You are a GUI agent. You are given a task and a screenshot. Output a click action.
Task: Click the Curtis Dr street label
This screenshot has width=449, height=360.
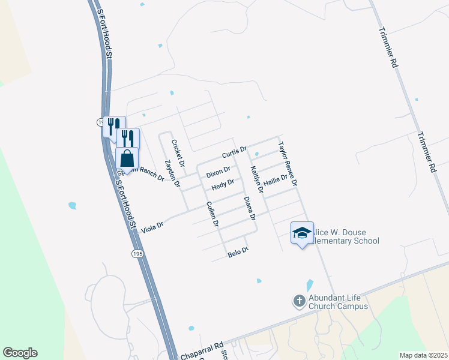(x=235, y=152)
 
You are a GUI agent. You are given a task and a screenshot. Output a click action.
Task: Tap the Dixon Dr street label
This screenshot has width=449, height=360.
(x=218, y=172)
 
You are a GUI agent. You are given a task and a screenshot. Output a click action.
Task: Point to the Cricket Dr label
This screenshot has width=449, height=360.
(x=178, y=153)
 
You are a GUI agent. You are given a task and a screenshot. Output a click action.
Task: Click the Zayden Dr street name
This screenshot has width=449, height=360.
(x=173, y=174)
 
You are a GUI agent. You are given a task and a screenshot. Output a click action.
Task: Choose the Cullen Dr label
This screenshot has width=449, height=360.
(x=212, y=214)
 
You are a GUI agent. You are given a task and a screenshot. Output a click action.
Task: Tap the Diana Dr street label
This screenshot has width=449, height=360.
(x=250, y=208)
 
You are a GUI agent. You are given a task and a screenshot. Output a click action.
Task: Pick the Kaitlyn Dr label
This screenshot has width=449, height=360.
(x=257, y=179)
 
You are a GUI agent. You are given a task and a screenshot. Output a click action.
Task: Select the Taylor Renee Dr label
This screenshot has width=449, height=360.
(x=288, y=163)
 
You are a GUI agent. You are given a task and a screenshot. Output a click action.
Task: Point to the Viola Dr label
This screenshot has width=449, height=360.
(x=152, y=226)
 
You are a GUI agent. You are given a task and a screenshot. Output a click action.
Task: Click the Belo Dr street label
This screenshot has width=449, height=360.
(x=238, y=253)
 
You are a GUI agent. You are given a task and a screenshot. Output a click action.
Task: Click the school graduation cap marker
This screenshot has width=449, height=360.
(x=302, y=233)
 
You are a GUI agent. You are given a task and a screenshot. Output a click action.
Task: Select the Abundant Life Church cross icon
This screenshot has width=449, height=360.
(x=300, y=301)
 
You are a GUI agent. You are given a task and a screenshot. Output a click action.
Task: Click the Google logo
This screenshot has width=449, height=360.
(x=20, y=353)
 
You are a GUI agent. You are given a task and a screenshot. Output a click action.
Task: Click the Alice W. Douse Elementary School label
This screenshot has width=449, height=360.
(x=345, y=237)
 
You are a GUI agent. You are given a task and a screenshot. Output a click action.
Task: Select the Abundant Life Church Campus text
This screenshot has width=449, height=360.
(x=338, y=302)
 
